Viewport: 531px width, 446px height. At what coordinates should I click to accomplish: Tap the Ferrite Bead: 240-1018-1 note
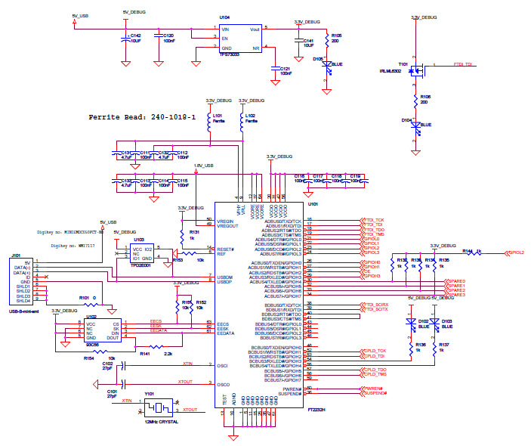(x=142, y=117)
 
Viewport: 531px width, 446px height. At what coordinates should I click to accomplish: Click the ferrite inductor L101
(x=209, y=125)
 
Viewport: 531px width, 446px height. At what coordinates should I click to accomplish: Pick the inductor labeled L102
(x=242, y=125)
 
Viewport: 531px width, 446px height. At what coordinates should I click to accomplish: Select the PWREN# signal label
(x=375, y=388)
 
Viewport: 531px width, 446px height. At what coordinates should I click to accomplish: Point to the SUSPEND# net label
(x=376, y=394)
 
